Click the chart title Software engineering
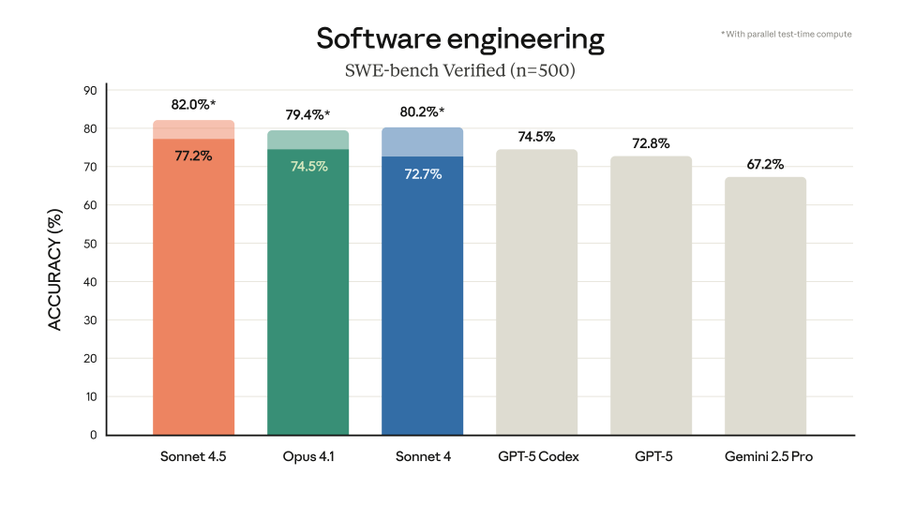[460, 39]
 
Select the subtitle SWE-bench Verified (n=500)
[460, 71]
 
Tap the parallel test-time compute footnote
[786, 34]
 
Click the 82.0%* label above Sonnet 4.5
[193, 104]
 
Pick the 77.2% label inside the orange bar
[193, 156]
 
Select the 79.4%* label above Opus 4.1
[308, 114]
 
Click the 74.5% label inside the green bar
[309, 166]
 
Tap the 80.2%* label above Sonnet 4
[422, 111]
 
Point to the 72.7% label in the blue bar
[422, 174]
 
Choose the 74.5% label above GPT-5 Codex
[536, 136]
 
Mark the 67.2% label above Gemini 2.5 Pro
[765, 163]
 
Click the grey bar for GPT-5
[650, 300]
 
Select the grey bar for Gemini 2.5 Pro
[765, 310]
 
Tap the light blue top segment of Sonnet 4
[422, 142]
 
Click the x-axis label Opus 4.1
[308, 457]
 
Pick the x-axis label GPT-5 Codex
[538, 457]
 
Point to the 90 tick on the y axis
[90, 91]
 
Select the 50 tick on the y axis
[90, 244]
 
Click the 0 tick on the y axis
[93, 435]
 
